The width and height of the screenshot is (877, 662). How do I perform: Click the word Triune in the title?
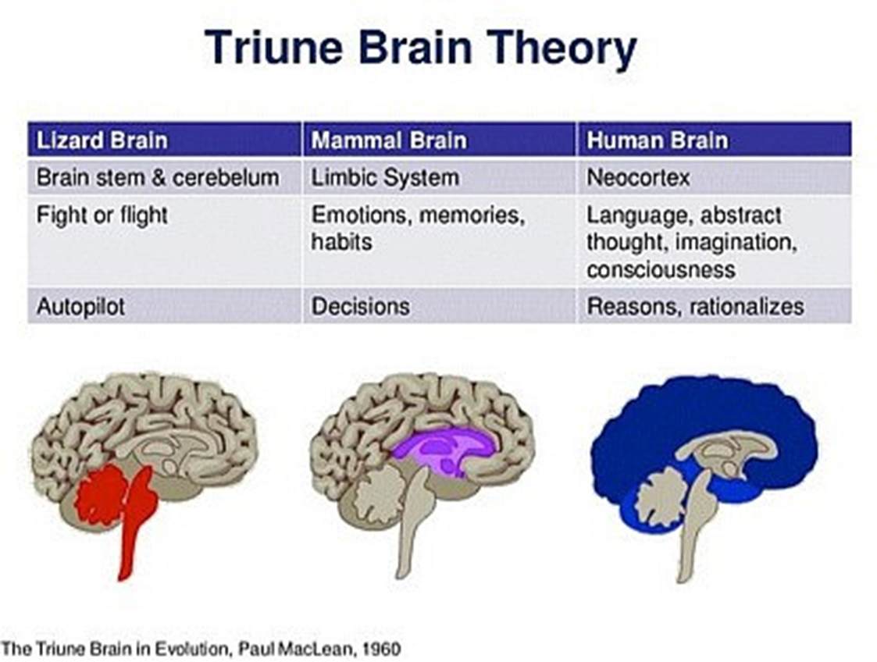[273, 48]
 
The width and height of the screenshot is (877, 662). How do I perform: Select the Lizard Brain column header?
[164, 139]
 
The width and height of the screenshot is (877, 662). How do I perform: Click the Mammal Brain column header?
[439, 139]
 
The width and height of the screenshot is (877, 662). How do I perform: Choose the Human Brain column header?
[715, 139]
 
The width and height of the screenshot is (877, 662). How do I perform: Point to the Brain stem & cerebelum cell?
[164, 177]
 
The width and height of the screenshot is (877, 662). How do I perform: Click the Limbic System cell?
[439, 177]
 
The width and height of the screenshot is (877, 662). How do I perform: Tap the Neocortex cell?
[715, 177]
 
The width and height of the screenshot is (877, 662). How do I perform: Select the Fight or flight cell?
[164, 241]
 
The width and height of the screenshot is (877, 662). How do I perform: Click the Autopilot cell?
[164, 306]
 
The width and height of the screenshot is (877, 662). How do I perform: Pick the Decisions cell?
[439, 306]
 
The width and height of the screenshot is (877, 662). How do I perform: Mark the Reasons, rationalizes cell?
[715, 306]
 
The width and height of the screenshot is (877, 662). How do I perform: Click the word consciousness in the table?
[661, 270]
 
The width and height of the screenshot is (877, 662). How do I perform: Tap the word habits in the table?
[341, 242]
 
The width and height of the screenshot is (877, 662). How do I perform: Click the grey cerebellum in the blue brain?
[663, 496]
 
